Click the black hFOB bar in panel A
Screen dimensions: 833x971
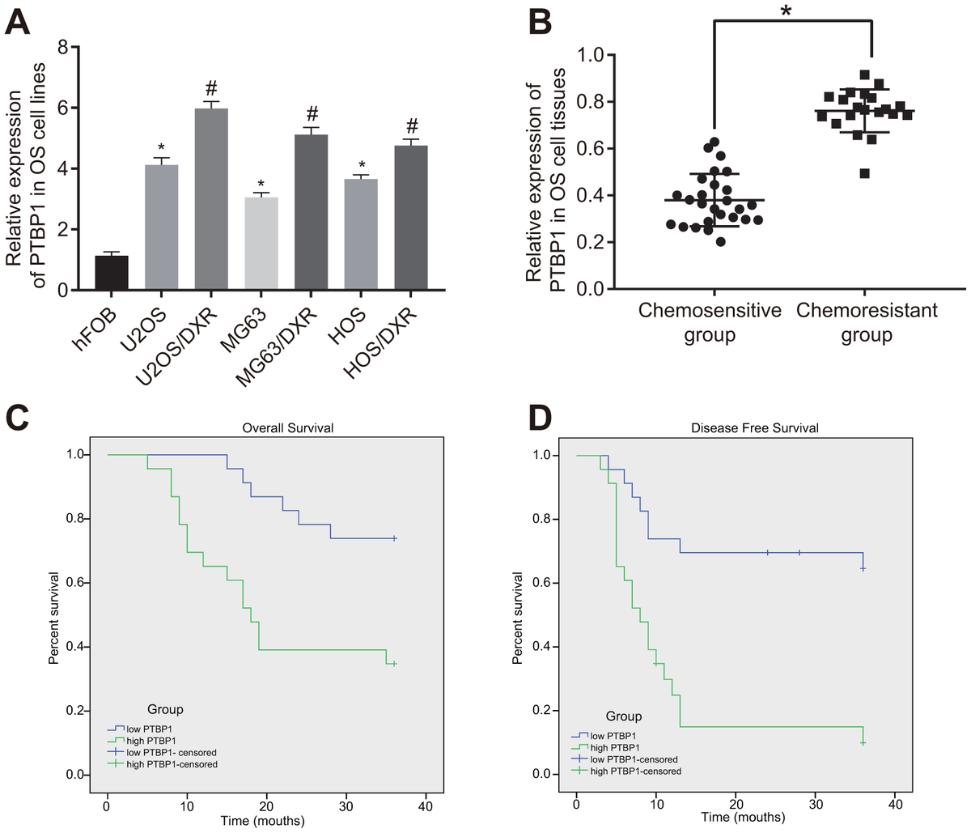(111, 272)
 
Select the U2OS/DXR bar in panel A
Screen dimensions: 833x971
(211, 199)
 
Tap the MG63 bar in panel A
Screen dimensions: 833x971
(261, 243)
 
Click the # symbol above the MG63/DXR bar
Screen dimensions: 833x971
(312, 113)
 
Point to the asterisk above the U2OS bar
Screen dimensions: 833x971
(161, 148)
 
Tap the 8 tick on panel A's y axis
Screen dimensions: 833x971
(62, 47)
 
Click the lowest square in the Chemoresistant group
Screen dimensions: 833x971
(864, 173)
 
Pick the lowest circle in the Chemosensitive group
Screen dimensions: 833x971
(720, 241)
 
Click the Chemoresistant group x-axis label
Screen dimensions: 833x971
(866, 322)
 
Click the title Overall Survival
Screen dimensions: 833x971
(287, 427)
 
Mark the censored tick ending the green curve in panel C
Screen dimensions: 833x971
(394, 664)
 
